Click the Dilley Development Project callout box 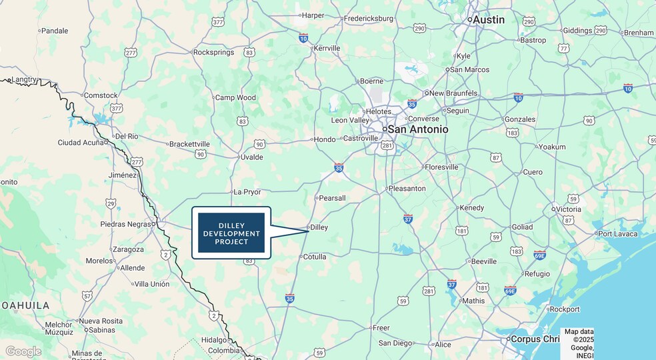231,233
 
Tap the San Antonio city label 418,129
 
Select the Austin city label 489,20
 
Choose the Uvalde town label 251,157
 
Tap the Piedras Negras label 125,224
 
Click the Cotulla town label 315,257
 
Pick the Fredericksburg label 368,19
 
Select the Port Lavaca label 617,233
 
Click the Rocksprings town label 212,52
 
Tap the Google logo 23,351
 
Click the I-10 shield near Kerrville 303,37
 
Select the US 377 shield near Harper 218,22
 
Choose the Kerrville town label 327,48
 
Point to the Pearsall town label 332,198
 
